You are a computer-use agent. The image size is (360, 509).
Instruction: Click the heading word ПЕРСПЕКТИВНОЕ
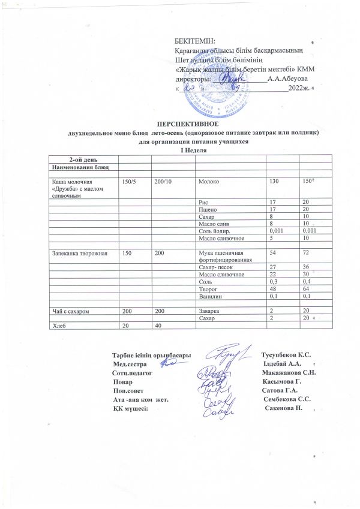[x=194, y=122]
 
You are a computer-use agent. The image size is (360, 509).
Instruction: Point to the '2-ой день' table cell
[x=81, y=159]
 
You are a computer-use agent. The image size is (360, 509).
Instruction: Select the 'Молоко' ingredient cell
[x=209, y=180]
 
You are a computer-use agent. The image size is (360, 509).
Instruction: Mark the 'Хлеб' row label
[x=58, y=326]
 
